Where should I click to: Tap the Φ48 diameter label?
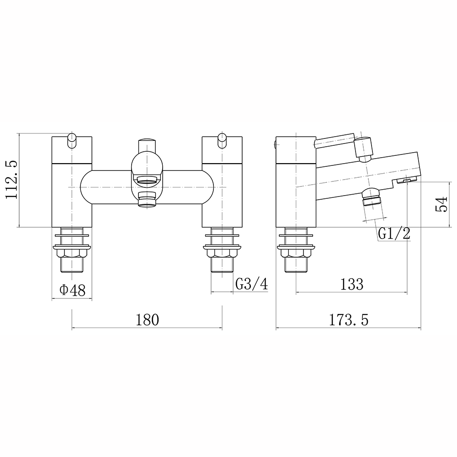(72, 290)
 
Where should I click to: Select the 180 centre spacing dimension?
(147, 319)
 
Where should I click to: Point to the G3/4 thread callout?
(251, 284)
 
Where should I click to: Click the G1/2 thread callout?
(394, 234)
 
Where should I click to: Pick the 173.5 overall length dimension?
(348, 319)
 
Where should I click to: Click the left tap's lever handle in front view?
(72, 140)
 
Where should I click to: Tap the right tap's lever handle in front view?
(222, 140)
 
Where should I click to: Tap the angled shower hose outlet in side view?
(371, 200)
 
